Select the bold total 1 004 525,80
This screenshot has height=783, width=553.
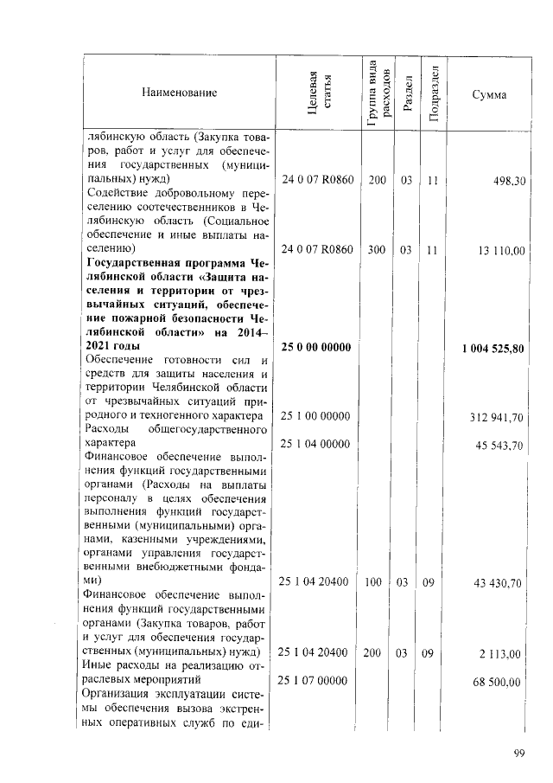pyautogui.click(x=493, y=348)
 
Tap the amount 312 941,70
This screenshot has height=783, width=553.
pyautogui.click(x=497, y=417)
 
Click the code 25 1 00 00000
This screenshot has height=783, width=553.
pyautogui.click(x=315, y=417)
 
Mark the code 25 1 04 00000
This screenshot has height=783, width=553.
pyautogui.click(x=315, y=445)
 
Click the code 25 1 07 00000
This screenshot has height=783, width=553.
pyautogui.click(x=315, y=682)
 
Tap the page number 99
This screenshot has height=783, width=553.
pyautogui.click(x=519, y=753)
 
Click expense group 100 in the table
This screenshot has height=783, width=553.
pyautogui.click(x=373, y=583)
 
